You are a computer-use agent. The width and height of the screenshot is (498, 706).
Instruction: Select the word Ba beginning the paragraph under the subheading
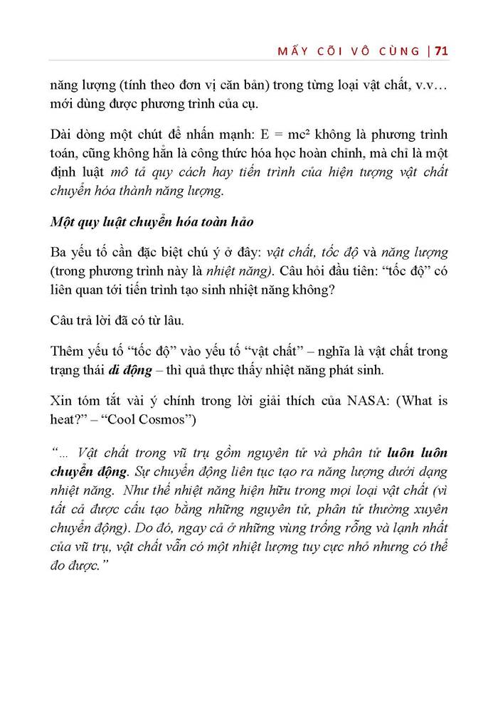tap(59, 253)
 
